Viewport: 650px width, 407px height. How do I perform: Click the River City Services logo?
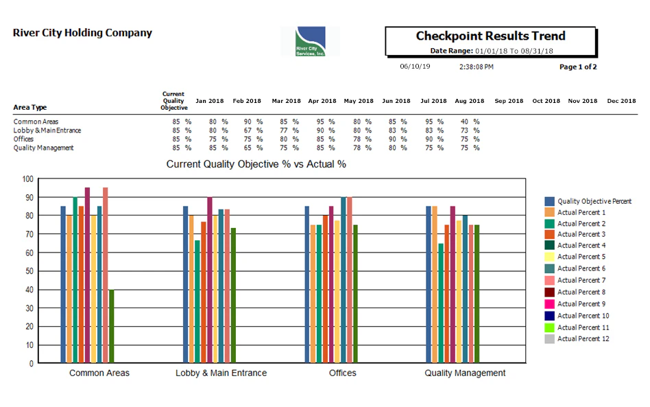click(310, 41)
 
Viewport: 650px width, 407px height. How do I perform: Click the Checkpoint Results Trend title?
click(490, 36)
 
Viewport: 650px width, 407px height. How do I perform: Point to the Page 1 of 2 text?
click(578, 67)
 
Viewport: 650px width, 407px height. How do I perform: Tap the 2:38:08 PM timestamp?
click(476, 67)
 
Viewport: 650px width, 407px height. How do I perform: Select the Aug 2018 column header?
click(470, 101)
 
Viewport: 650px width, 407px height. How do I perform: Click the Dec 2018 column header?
click(621, 101)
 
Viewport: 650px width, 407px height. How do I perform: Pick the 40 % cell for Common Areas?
click(470, 121)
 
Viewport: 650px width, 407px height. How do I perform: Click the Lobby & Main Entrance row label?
click(47, 130)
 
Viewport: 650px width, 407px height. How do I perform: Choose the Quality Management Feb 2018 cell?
click(253, 148)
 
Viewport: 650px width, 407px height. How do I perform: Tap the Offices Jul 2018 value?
click(433, 139)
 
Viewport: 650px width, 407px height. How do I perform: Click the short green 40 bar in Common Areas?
click(112, 326)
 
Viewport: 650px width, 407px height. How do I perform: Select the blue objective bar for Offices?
click(307, 284)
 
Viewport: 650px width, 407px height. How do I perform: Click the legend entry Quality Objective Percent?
click(594, 201)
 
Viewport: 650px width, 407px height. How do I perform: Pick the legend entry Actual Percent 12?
click(583, 338)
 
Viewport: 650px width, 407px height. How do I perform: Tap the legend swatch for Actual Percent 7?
click(549, 280)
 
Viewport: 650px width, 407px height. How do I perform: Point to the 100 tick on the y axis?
click(27, 179)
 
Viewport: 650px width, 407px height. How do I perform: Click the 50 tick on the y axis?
click(27, 271)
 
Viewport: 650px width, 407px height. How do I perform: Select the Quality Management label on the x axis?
click(465, 373)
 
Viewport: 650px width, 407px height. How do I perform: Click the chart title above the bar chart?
click(256, 165)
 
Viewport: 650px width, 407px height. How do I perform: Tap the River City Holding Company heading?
click(82, 33)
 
